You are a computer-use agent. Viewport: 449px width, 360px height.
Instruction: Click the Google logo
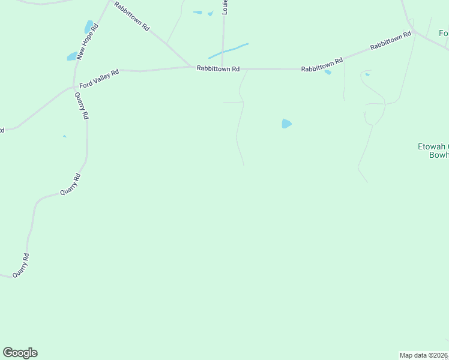point(20,353)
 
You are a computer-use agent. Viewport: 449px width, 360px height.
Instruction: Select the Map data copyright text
point(424,355)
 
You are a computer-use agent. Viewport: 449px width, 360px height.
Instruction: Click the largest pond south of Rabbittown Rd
point(286,124)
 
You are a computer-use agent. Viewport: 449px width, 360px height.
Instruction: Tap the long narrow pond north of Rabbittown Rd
point(229,51)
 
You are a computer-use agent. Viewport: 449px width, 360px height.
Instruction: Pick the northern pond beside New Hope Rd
point(89,27)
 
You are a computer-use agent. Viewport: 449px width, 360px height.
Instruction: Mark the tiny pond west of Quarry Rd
point(64,136)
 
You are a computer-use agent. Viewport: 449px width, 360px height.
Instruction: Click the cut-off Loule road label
point(226,8)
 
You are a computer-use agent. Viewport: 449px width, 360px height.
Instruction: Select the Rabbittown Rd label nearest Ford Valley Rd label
point(218,69)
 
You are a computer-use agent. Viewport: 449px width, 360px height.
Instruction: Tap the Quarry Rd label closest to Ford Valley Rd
point(82,106)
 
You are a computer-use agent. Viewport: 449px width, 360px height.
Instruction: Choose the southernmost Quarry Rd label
point(22,265)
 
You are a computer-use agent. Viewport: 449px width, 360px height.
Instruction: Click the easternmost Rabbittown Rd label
point(391,41)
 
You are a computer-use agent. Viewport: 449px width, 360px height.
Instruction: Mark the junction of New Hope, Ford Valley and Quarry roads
point(74,88)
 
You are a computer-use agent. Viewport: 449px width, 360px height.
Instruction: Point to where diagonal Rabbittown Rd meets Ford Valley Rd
point(191,66)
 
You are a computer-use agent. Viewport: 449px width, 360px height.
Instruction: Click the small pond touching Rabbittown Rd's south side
point(328,73)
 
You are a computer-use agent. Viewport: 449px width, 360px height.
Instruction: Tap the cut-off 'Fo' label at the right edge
point(443,33)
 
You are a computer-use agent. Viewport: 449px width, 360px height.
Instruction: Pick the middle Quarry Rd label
point(70,184)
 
